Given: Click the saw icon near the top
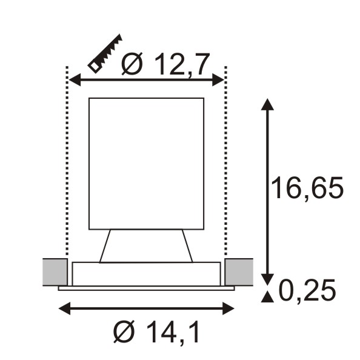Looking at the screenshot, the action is click(105, 54).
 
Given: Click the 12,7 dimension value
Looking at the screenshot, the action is click(182, 65).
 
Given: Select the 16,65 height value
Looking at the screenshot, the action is click(307, 188).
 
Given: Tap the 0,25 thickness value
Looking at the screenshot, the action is click(307, 291).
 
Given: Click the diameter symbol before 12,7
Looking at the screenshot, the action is click(132, 64).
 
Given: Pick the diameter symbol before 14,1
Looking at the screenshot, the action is click(124, 332).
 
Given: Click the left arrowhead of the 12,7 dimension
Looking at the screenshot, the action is click(75, 80).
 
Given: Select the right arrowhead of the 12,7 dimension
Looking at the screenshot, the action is click(218, 80).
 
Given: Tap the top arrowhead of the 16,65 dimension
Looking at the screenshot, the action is click(267, 104).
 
